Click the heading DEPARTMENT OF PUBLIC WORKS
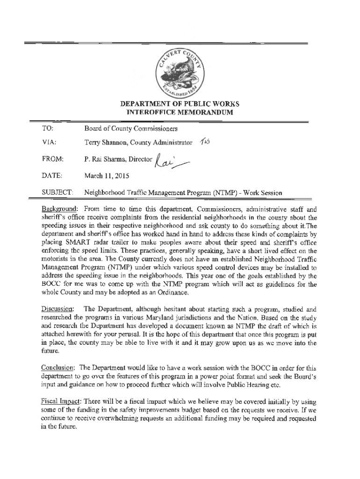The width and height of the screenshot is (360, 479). [180, 103]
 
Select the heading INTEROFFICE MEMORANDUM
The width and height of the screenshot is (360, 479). [180, 113]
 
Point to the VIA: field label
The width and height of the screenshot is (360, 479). [49, 142]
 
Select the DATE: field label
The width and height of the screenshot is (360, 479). [51, 176]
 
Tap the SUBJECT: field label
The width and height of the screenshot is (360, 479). [57, 193]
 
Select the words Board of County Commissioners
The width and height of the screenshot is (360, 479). [130, 128]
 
